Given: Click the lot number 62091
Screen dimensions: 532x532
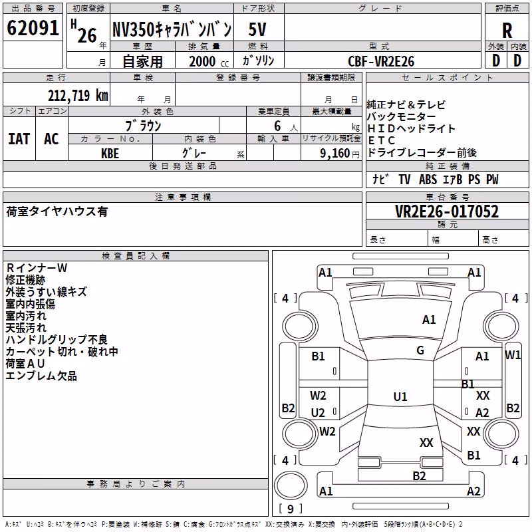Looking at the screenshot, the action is point(33,28).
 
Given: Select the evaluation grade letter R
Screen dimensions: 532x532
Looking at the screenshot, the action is point(507,31).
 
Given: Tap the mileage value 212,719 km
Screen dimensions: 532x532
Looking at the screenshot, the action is point(78,95).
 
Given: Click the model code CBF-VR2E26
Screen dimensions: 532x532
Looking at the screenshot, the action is point(381,61).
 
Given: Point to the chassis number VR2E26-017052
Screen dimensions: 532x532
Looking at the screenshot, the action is point(447,211).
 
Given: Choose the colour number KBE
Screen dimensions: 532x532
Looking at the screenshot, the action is point(110,154).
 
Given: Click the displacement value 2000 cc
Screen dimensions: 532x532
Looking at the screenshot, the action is point(209,61).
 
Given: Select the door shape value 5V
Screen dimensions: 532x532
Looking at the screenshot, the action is point(257,29).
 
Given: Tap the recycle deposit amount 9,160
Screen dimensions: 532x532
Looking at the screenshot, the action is point(334,154).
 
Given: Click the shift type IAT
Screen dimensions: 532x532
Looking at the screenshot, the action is point(19,139).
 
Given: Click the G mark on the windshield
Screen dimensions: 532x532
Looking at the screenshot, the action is point(420,350).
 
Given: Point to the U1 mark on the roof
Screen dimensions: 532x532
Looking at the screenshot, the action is point(400,396).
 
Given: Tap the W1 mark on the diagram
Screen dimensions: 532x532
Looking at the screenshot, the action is point(512,355).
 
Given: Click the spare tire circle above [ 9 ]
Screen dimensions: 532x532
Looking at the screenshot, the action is point(291,485).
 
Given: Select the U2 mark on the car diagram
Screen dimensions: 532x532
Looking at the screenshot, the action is point(318,412).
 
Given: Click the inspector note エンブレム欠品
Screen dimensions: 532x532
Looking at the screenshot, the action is point(41,376).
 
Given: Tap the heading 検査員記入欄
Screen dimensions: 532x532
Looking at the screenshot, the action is point(136,256).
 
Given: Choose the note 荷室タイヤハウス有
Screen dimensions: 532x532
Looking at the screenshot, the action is point(57,211).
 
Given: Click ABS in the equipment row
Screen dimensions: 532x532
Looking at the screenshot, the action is point(428,180).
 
